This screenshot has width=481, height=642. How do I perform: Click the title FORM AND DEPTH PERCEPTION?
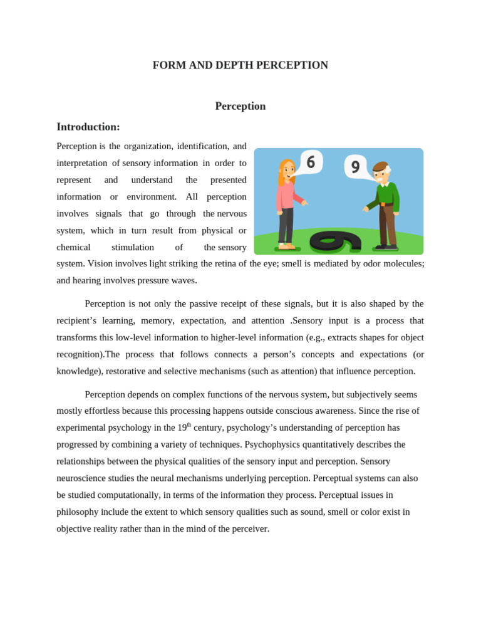[240, 65]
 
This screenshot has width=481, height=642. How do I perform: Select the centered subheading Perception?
[240, 106]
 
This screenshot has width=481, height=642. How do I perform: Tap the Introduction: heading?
[88, 127]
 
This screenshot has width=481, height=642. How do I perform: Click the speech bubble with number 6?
[311, 162]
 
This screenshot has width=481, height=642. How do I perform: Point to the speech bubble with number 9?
[355, 167]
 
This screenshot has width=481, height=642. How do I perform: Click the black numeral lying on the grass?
[336, 242]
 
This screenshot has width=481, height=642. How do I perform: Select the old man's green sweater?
[387, 195]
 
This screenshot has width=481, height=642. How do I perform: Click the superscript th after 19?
[189, 424]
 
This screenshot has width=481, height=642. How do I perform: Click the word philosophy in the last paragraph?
[78, 512]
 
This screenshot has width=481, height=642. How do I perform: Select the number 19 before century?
[182, 428]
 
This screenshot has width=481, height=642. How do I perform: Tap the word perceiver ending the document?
[248, 529]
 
